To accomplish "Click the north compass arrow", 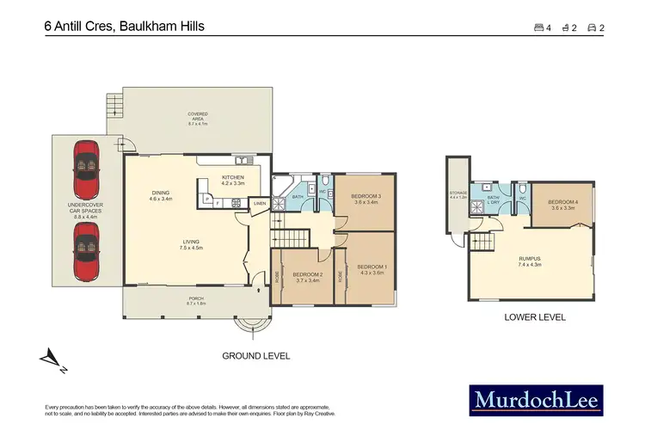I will coord(51,362).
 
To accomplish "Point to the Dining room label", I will coord(161,195).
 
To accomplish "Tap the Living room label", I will coord(191,245).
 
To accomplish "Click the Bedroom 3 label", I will coord(365,200).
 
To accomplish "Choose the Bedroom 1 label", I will coord(372,269).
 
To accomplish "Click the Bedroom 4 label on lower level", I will coord(562,205).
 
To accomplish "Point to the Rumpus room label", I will coord(530,261).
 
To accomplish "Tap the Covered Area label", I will coord(199,117).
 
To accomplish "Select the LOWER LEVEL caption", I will coord(535,318).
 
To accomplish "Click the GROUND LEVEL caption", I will coord(255,355).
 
